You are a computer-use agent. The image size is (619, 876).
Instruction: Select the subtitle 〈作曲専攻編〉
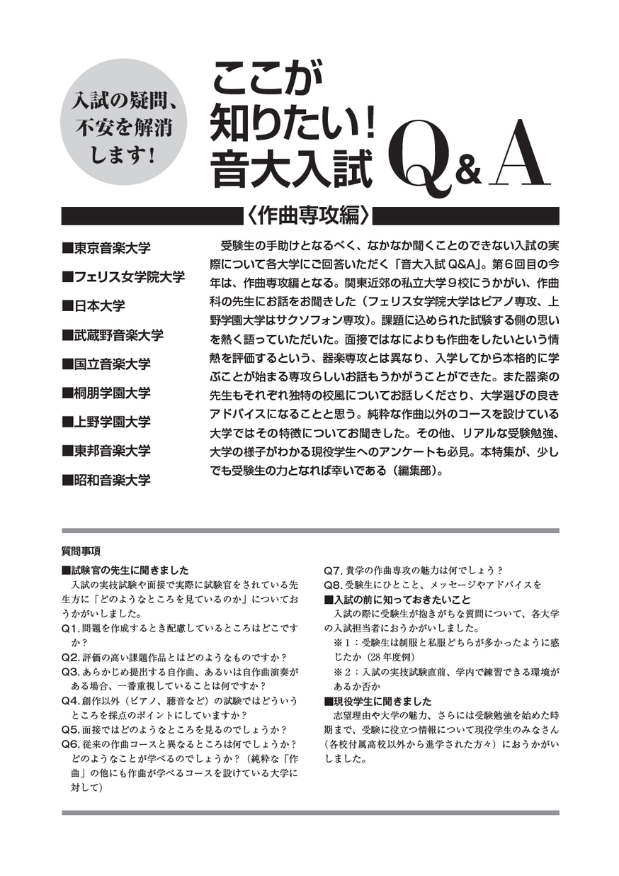(309, 214)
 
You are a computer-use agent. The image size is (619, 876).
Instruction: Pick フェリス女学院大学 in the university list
(123, 278)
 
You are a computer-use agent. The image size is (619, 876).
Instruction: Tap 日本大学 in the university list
(93, 306)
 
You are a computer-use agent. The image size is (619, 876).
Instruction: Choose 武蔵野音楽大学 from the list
(113, 335)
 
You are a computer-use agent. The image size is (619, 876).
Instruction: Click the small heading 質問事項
(81, 551)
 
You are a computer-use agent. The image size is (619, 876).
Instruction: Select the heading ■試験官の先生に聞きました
(125, 571)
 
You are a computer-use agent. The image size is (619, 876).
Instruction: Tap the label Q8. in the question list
(333, 585)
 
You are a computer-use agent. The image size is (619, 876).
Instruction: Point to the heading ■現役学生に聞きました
(377, 702)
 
